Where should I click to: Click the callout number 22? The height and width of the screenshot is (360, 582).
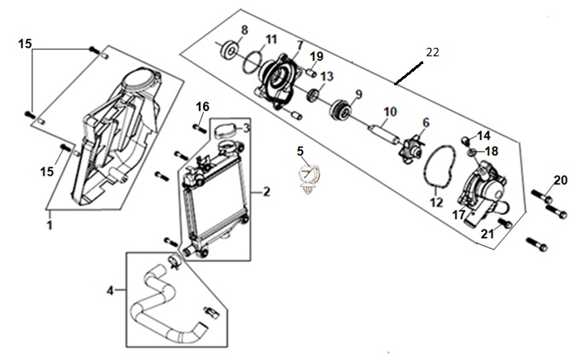433,52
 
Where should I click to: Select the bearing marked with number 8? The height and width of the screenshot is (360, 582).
230,50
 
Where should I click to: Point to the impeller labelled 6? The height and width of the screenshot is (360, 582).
411,148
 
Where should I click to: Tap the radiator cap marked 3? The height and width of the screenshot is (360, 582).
225,131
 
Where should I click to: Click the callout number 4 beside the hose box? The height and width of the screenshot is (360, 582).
110,290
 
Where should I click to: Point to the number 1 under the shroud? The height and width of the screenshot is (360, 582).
49,225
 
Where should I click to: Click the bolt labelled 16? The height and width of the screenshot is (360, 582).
200,128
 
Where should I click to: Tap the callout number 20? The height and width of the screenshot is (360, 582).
561,180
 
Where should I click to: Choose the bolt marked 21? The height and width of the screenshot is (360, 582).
505,223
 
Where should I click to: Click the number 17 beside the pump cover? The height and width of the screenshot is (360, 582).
459,214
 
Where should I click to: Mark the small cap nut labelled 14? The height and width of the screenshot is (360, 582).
466,140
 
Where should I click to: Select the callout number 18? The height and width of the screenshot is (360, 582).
492,152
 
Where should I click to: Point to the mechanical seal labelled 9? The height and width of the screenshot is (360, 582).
340,109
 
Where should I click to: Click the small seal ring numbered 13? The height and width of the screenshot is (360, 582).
314,95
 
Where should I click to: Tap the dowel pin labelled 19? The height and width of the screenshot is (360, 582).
311,72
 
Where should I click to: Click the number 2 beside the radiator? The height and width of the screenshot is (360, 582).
266,192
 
